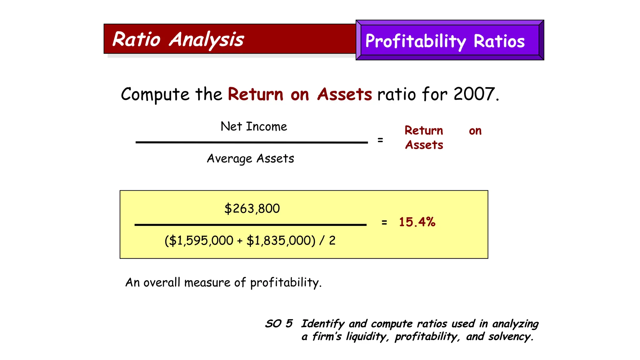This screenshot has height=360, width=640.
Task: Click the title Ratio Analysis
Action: click(178, 40)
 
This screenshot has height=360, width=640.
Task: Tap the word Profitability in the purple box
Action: click(415, 41)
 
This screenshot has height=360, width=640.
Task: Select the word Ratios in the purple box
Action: click(499, 41)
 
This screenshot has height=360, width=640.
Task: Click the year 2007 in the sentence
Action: click(474, 94)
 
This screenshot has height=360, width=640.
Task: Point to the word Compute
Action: click(155, 94)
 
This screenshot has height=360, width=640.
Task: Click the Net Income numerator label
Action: click(254, 127)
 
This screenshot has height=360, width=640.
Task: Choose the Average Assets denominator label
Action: click(250, 159)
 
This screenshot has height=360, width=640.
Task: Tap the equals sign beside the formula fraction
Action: click(380, 140)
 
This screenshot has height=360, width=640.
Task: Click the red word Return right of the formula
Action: click(424, 131)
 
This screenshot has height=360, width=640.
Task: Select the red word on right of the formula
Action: click(475, 131)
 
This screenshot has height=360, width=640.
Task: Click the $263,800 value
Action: click(252, 209)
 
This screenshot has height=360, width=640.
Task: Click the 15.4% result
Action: click(417, 222)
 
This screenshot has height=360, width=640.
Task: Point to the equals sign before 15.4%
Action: click(384, 222)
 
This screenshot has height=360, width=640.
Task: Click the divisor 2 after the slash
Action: click(332, 241)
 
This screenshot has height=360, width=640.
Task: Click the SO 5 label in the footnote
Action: click(279, 323)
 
